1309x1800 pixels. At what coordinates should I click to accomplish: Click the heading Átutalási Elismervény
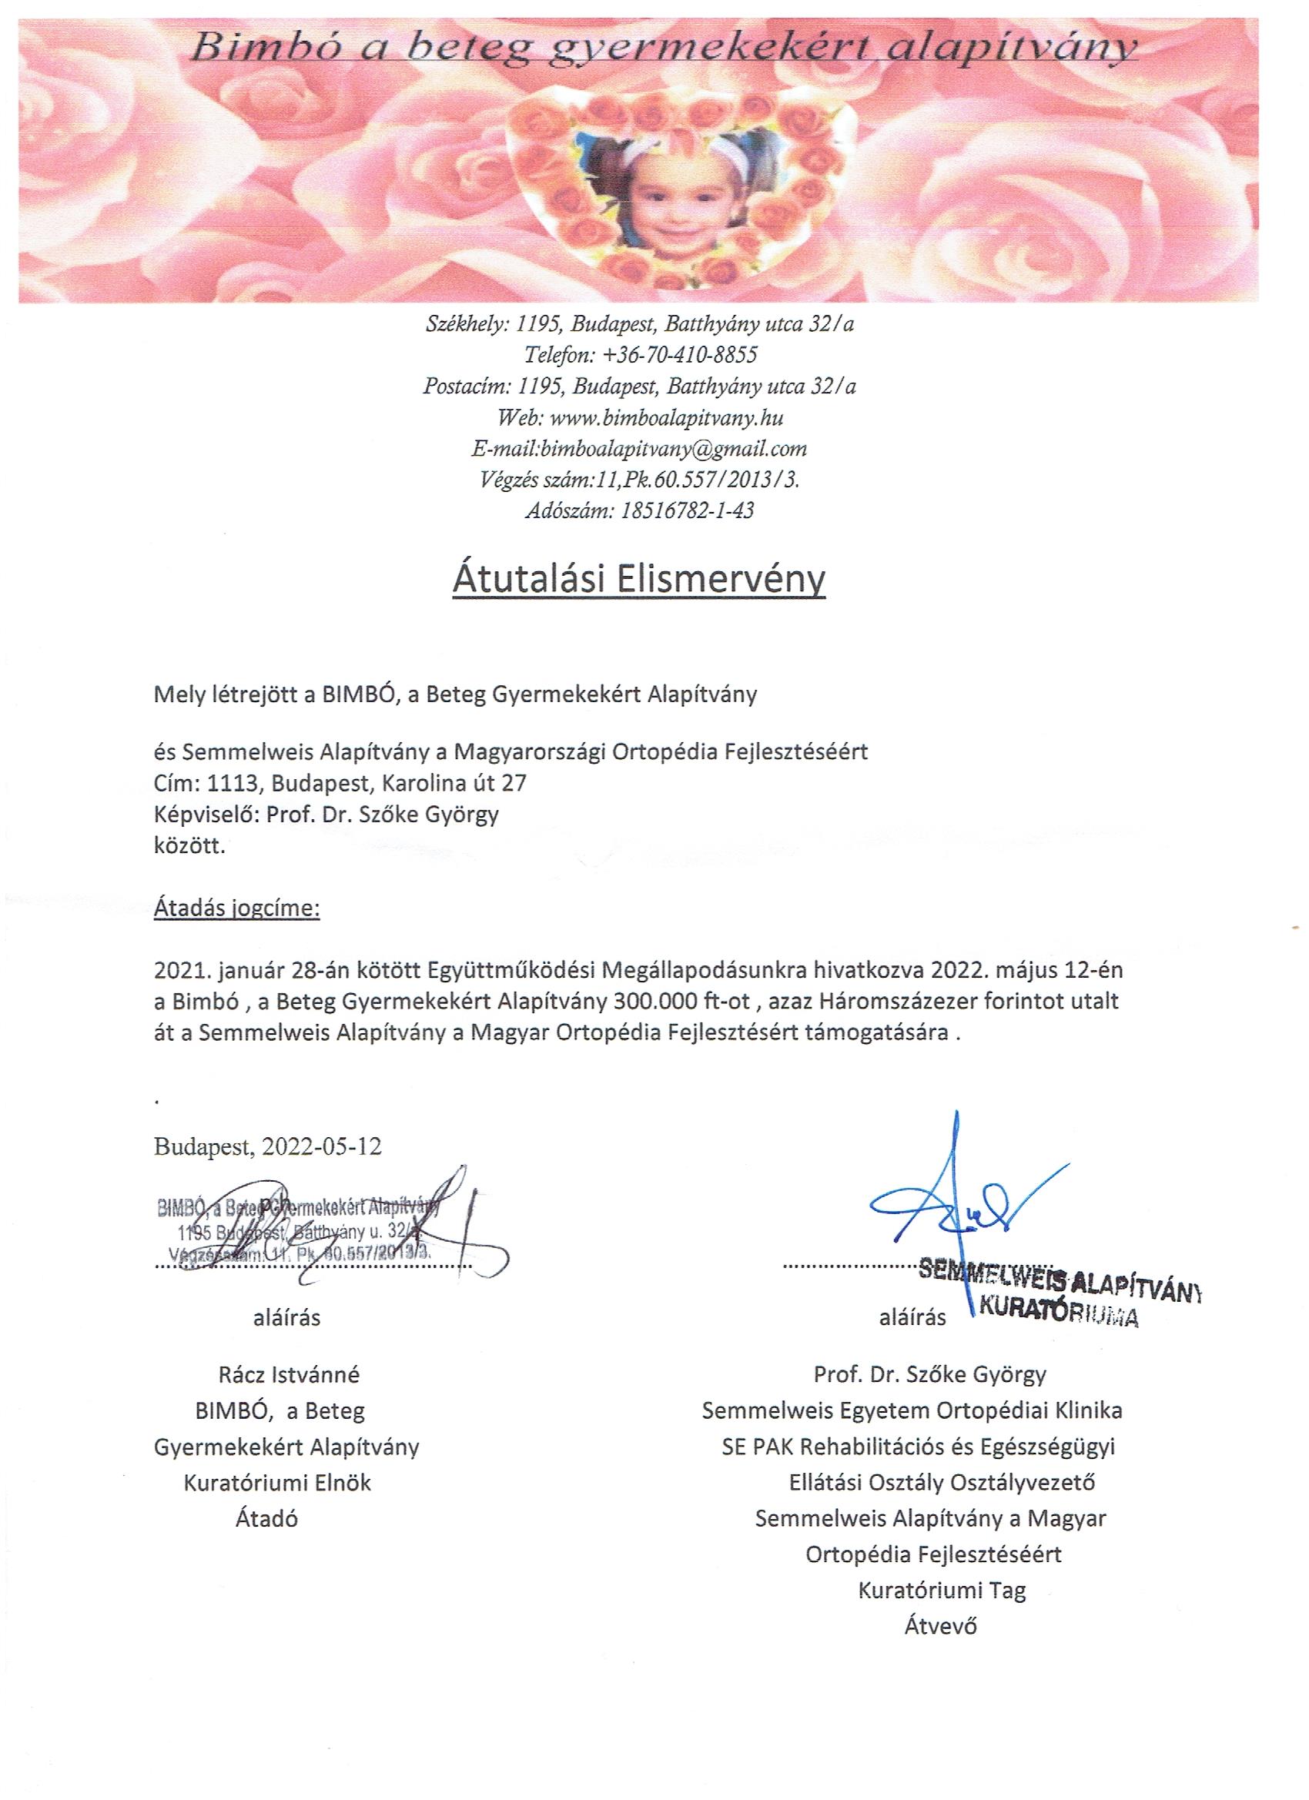tap(639, 580)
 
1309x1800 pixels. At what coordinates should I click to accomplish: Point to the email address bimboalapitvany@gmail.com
tap(671, 448)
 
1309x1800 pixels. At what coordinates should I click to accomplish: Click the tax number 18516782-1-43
tap(683, 510)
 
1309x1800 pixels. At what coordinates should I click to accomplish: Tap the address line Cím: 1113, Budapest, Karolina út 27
tap(340, 783)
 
